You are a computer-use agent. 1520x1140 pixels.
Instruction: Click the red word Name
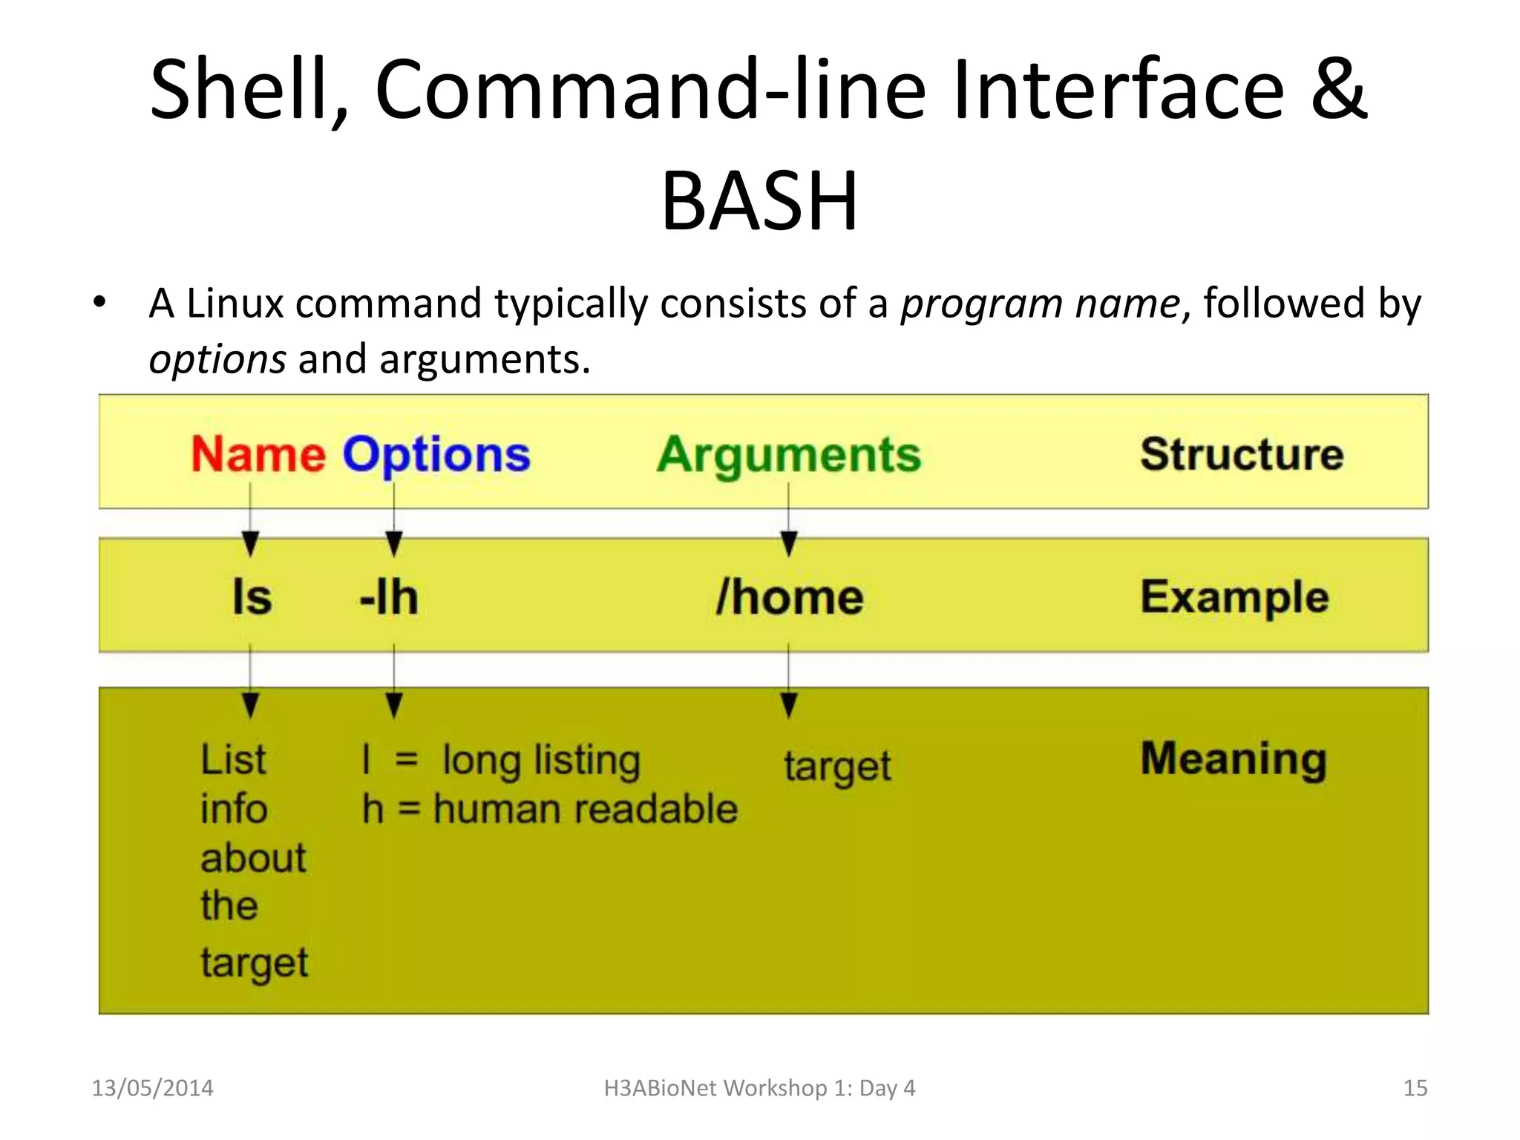tap(258, 453)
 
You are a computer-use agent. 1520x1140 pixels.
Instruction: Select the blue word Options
tap(436, 455)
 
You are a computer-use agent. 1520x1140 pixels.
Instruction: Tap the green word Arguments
tap(788, 455)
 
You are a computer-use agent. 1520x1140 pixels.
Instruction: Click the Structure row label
tap(1241, 453)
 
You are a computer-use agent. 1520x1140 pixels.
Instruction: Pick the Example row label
tap(1234, 597)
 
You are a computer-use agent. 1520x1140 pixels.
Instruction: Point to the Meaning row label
tap(1233, 759)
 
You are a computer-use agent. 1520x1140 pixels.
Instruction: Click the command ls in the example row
tap(252, 597)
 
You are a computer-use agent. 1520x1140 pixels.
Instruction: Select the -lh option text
tap(389, 597)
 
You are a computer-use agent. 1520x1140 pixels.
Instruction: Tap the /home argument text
tap(789, 597)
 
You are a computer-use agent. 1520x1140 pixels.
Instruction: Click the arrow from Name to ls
tap(251, 520)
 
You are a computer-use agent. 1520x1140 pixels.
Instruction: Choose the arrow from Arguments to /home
tap(789, 520)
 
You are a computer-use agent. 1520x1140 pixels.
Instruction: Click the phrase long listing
tap(541, 761)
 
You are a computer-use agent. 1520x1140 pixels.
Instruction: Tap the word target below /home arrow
tap(837, 767)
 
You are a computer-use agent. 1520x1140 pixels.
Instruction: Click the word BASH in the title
tap(759, 201)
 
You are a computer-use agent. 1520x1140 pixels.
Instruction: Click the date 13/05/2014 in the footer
tap(152, 1088)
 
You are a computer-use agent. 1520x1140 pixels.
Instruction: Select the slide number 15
tap(1415, 1088)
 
